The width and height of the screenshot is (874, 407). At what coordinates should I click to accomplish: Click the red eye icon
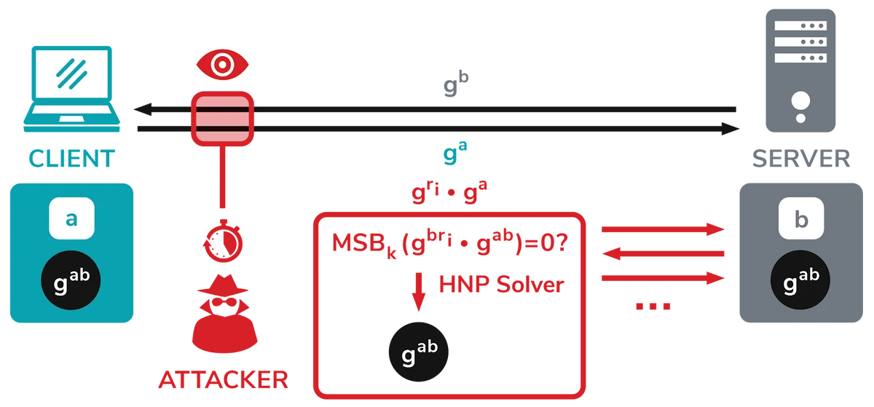pos(221,64)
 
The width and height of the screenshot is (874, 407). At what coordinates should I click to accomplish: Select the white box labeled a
pos(71,218)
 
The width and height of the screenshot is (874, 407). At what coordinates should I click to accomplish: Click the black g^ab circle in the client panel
pos(71,279)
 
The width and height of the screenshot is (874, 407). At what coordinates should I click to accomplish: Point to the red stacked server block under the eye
pos(221,117)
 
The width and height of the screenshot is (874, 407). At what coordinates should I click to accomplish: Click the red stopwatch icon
pos(221,237)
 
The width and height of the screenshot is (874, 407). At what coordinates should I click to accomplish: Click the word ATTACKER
pos(222,379)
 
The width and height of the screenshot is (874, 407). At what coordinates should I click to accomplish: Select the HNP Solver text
pos(501,285)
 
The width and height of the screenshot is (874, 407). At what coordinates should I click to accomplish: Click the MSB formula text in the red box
pos(448,245)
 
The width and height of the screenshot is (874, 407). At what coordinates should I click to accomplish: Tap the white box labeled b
pos(801,218)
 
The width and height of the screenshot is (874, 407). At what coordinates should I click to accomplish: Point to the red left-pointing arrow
pos(663,253)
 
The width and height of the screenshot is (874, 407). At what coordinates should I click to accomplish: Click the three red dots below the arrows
pos(651,307)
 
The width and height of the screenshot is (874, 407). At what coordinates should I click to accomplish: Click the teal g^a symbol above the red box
pos(456,154)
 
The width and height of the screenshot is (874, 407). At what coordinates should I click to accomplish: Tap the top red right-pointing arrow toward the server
pos(663,229)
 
